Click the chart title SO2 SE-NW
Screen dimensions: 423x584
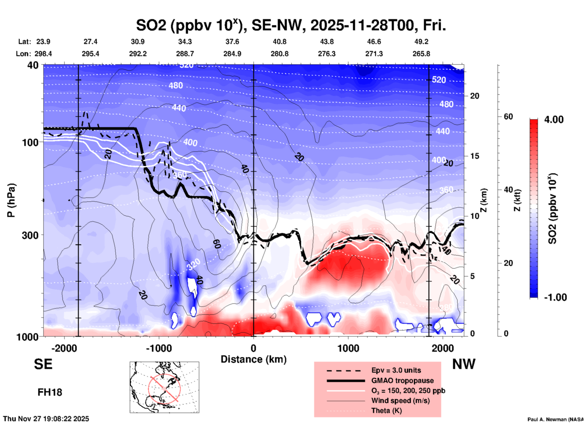tap(291, 25)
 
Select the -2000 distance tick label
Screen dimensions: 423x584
tap(64, 348)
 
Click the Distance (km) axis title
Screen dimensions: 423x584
tap(253, 359)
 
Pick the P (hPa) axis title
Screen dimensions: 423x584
tap(11, 200)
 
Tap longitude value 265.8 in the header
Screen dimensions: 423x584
tap(421, 54)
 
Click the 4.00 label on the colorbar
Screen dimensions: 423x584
tap(554, 120)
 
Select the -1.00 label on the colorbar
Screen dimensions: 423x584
tap(555, 297)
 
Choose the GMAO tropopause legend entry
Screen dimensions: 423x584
tap(402, 381)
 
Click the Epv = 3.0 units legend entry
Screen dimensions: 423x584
tap(396, 370)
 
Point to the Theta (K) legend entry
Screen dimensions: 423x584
tap(386, 411)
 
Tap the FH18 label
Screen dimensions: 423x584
tap(50, 392)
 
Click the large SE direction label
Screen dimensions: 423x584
tap(43, 364)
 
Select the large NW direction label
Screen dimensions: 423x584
tap(464, 364)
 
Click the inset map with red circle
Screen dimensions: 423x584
tap(164, 387)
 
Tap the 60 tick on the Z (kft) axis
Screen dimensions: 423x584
tap(508, 117)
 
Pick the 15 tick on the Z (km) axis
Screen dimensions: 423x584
tap(475, 156)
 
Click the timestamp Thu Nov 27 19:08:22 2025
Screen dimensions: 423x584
tap(46, 419)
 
